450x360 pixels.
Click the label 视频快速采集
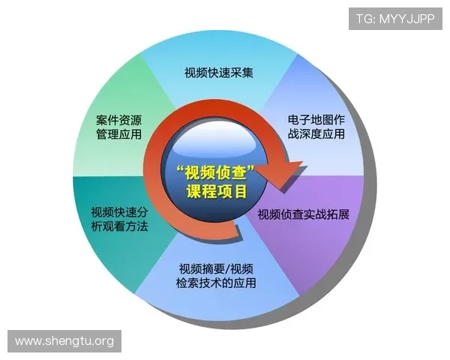tap(219, 73)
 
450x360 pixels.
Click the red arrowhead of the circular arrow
tap(287, 171)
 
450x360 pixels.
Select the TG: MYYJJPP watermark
tap(395, 18)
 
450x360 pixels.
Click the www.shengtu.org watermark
tap(64, 341)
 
